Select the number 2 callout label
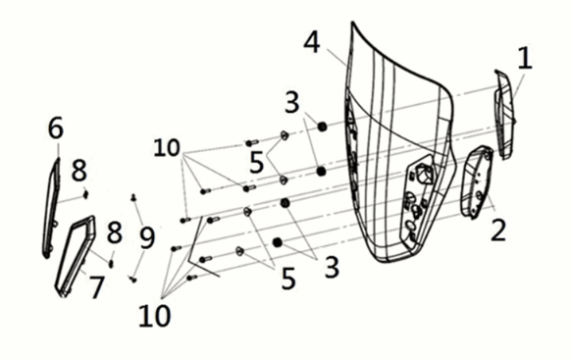498,230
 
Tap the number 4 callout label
312,42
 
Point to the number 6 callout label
56,128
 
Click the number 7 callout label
96,286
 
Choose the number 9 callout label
147,237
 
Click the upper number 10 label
167,148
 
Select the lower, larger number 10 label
154,315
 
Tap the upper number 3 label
292,102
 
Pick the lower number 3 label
332,267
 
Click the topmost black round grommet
322,127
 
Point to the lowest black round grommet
278,242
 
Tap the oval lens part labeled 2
477,181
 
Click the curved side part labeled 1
505,114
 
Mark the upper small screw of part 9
133,197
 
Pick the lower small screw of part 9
132,280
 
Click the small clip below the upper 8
85,194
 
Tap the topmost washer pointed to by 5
284,135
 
